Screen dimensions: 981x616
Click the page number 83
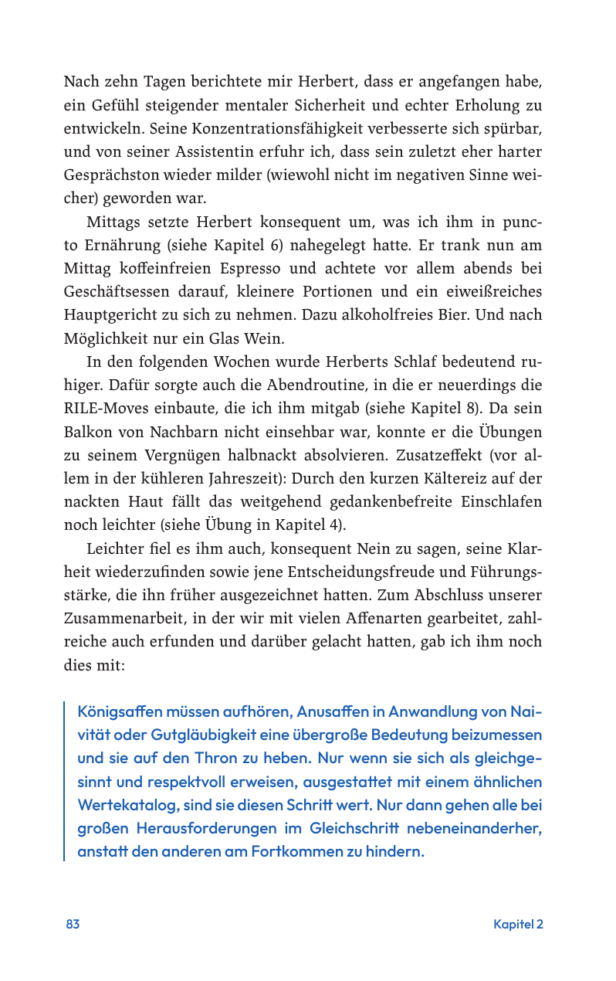click(x=73, y=924)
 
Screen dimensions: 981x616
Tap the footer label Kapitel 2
click(x=518, y=924)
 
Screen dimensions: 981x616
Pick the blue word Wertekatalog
click(x=128, y=805)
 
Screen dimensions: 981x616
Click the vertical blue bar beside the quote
click(x=65, y=781)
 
